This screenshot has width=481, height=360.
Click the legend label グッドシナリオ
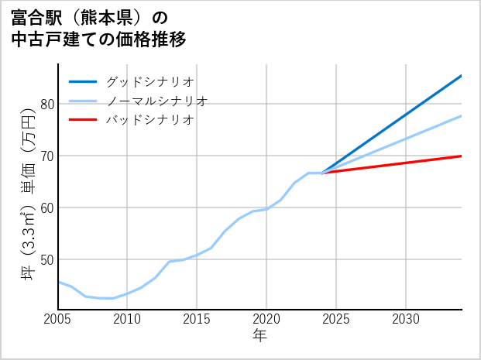[149, 81]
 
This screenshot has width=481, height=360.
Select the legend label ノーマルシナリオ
[156, 101]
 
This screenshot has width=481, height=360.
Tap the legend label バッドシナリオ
[149, 120]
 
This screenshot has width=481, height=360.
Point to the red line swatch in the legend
[83, 120]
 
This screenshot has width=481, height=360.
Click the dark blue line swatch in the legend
[83, 81]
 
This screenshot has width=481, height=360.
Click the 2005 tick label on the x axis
[58, 319]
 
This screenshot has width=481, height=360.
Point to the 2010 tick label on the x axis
[127, 319]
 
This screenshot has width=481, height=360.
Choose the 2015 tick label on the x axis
[197, 319]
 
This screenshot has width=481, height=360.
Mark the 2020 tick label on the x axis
[266, 319]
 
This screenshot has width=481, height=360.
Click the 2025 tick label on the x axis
[336, 319]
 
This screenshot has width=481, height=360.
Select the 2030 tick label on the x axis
[406, 319]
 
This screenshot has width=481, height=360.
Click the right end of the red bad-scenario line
[461, 156]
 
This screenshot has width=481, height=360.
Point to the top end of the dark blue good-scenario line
[461, 76]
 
